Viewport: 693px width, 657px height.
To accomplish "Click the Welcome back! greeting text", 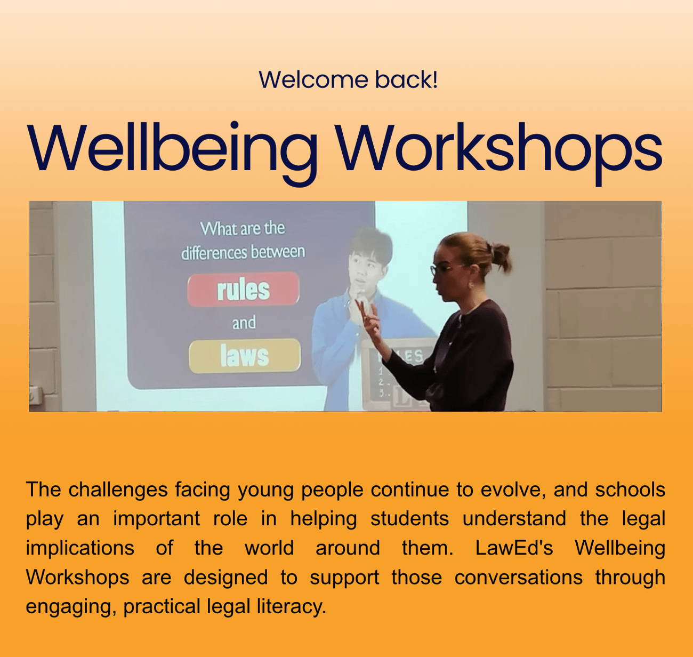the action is click(x=348, y=79).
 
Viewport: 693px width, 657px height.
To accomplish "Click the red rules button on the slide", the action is click(x=243, y=290).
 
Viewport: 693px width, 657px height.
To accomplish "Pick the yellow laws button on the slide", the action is click(x=245, y=356).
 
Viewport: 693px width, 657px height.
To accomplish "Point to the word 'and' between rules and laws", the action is click(x=244, y=323).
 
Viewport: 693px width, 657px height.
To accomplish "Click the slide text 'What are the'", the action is click(x=243, y=229).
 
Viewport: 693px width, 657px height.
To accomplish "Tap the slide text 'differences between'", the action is click(x=243, y=252).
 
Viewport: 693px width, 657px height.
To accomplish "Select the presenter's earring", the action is click(x=471, y=284).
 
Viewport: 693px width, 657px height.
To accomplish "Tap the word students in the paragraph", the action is click(x=409, y=519).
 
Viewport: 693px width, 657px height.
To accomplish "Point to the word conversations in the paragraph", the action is click(x=518, y=578).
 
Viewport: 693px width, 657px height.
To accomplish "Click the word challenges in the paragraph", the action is click(x=118, y=490).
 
